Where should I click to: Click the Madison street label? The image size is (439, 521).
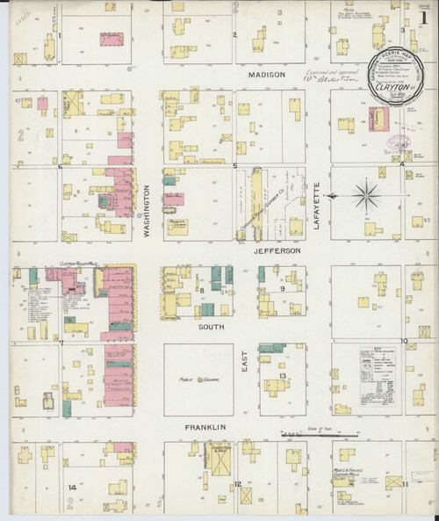coord(267,76)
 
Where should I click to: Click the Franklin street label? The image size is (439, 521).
coord(206,427)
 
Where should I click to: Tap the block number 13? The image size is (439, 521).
coord(283,376)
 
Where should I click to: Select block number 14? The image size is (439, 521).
coord(72,486)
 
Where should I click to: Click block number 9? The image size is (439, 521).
coord(282,288)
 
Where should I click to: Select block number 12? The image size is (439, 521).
coord(237,484)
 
